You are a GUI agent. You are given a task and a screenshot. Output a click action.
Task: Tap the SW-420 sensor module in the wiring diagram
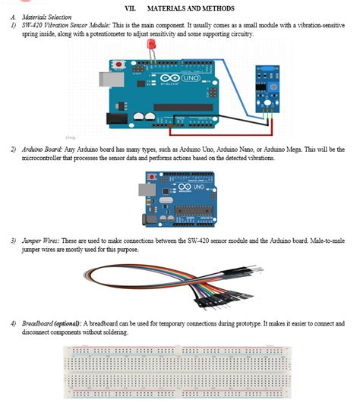coord(267,87)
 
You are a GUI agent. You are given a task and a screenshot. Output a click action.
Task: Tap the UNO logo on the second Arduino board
coord(196,186)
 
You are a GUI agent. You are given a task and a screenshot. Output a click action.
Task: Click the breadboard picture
coord(179,372)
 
